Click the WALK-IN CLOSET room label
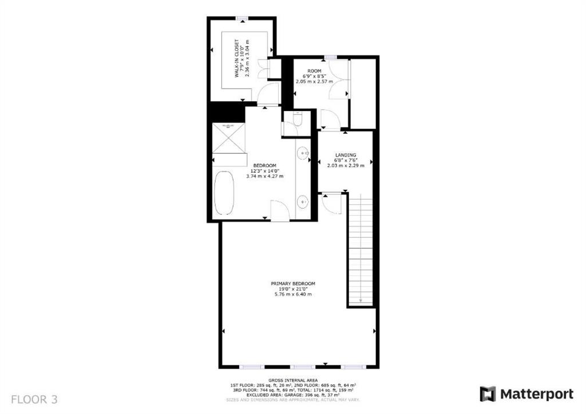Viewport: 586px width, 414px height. coord(236,58)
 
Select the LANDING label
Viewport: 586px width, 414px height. coord(346,155)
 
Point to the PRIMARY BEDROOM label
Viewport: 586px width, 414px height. coord(293,284)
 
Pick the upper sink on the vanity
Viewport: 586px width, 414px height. coord(303,152)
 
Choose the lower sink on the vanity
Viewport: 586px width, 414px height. coord(303,200)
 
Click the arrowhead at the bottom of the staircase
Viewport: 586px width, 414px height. coord(361,301)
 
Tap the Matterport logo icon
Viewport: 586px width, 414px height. coord(488,394)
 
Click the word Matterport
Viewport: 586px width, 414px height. coord(537,394)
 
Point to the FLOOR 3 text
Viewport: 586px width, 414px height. coord(34,399)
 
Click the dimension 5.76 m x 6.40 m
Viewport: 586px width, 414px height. coord(293,294)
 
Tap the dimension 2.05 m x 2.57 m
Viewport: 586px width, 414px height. coord(314,82)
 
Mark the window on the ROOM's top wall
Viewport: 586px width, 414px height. coord(330,56)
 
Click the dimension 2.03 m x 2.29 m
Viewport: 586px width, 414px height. coord(346,166)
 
